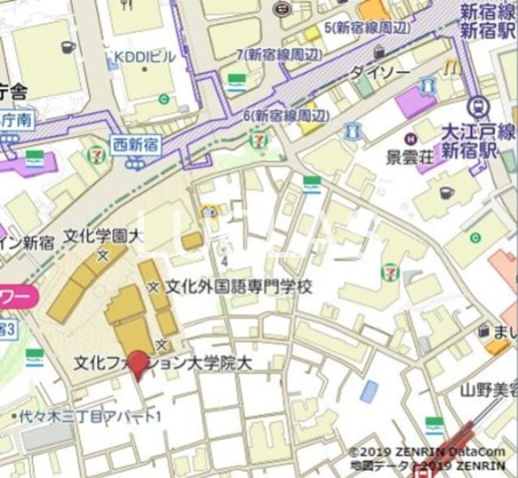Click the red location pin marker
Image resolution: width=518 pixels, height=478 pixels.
click(139, 365)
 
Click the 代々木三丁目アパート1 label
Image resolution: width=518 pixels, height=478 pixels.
click(91, 417)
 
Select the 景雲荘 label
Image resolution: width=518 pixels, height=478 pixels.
click(410, 154)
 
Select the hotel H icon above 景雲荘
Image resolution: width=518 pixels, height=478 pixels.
click(410, 137)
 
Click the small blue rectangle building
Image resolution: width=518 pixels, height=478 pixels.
click(369, 391)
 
